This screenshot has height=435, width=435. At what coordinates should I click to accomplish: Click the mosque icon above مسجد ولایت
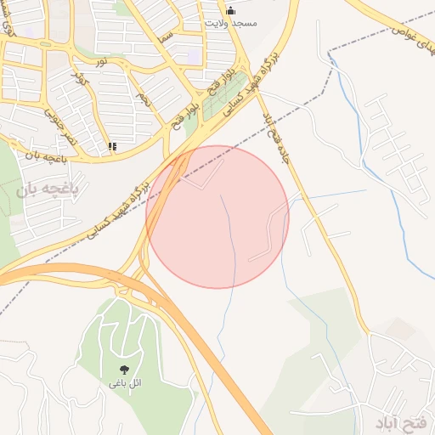coord(230,11)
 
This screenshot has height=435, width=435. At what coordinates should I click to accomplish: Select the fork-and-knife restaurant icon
coord(112,146)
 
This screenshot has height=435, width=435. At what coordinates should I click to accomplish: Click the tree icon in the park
coord(125,370)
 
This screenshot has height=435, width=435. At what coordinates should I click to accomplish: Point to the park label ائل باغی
coord(125,384)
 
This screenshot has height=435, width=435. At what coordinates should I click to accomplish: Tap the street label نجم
coord(142,100)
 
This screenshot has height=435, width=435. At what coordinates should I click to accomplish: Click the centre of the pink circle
coord(217,217)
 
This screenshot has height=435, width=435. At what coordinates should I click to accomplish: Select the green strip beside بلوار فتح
coord(204,115)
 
